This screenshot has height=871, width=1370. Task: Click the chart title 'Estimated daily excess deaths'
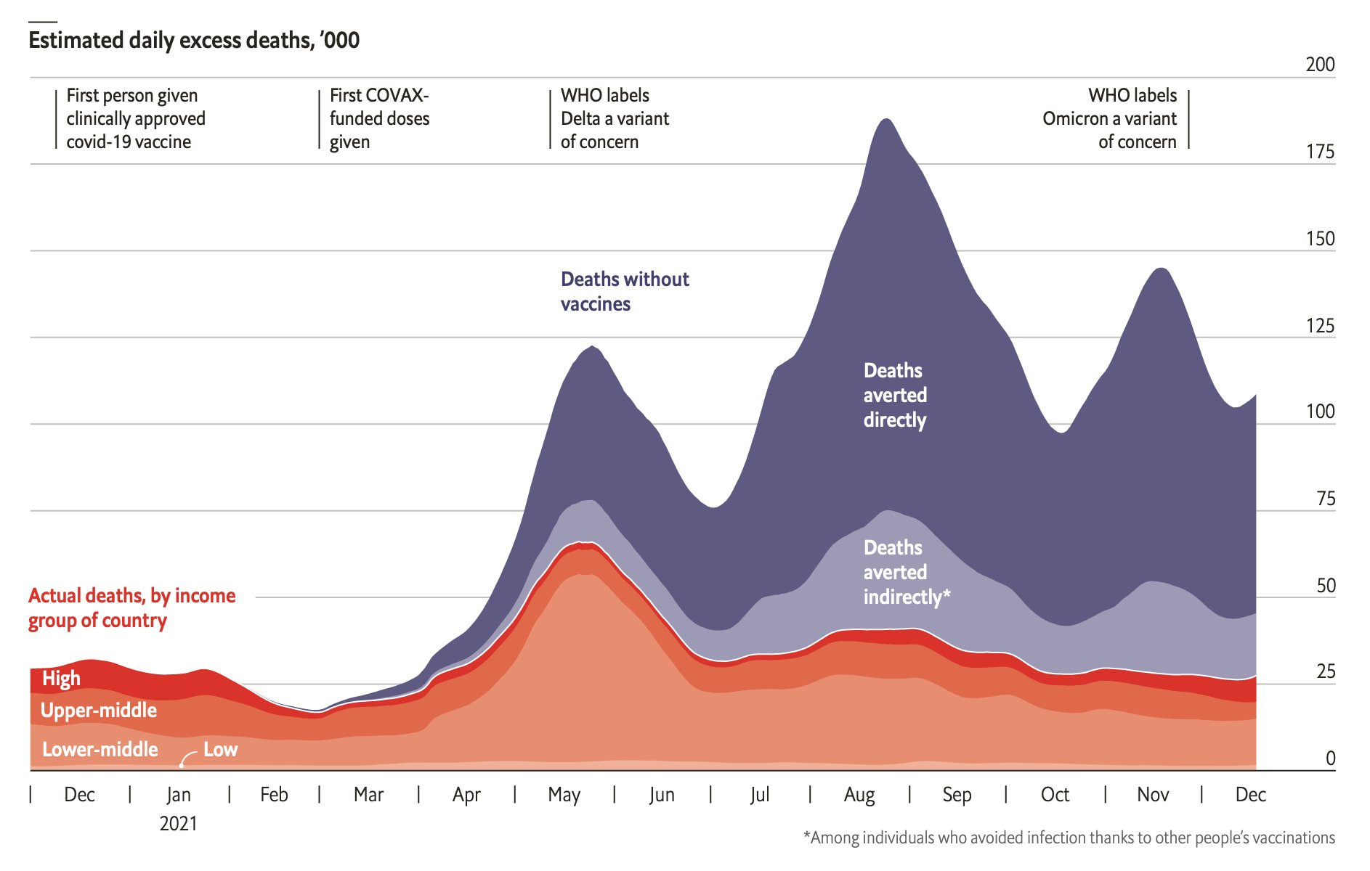point(194,40)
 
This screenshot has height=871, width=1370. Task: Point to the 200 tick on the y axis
point(1320,65)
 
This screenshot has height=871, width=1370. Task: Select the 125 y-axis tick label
point(1320,325)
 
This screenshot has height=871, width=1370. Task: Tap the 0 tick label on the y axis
point(1330,758)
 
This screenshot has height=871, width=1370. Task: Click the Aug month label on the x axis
point(859,795)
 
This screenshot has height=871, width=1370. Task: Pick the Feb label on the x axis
point(274,795)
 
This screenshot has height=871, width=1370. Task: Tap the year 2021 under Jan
point(178,824)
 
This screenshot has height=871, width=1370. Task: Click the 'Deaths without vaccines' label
point(624,291)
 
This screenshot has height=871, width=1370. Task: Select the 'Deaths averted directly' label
point(895,395)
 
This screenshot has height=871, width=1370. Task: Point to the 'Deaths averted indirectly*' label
point(906,572)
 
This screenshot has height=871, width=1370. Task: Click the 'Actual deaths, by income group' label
point(131,608)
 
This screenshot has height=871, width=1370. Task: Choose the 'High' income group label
point(61,679)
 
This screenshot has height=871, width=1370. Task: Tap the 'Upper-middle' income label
point(98,710)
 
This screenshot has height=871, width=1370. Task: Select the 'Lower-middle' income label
point(100,749)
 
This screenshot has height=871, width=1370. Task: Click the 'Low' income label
point(220,749)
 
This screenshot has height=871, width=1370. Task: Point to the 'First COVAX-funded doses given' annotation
point(378,118)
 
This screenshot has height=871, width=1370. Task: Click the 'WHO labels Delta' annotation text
point(615,118)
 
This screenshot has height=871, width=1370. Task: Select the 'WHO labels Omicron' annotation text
point(1109,118)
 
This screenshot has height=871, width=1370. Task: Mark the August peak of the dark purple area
point(886,120)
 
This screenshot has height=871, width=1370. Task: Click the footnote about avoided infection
point(1069,838)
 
